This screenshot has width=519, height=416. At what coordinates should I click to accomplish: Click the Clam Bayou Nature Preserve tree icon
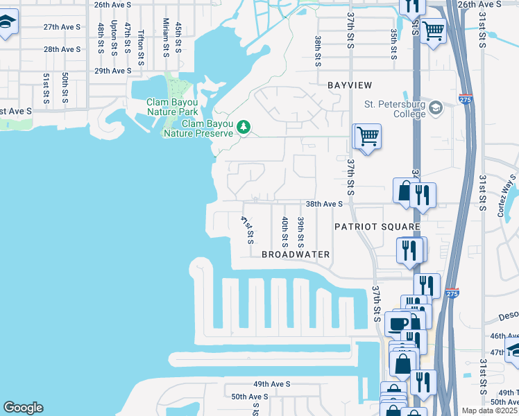[243, 126]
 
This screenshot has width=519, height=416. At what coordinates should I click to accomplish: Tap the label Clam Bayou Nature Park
[172, 107]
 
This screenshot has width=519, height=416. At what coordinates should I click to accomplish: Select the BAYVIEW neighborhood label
[350, 85]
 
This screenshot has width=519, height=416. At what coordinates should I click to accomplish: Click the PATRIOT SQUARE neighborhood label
[377, 227]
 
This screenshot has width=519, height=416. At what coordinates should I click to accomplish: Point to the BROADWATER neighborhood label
[296, 254]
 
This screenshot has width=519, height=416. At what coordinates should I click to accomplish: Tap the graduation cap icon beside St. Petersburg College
[435, 108]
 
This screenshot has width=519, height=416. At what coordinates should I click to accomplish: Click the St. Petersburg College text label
[395, 110]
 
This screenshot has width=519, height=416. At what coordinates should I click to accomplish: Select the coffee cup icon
[398, 323]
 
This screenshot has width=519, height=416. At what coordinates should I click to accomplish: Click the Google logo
[23, 407]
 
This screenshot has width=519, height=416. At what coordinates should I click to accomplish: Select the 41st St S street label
[246, 229]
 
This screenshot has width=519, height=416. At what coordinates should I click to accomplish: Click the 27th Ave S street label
[62, 27]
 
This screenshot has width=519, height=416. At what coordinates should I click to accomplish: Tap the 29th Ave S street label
[112, 71]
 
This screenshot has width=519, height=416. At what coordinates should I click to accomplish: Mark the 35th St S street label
[393, 44]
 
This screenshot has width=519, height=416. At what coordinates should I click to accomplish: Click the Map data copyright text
[490, 410]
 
